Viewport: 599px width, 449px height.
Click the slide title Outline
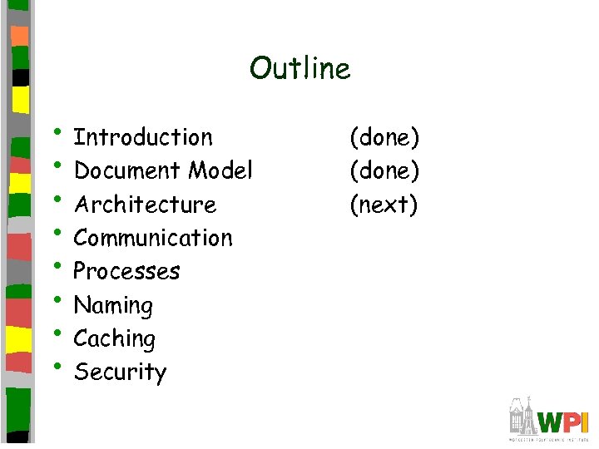click(299, 68)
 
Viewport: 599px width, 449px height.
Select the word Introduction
click(143, 137)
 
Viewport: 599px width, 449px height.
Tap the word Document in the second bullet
click(127, 170)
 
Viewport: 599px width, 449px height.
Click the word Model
click(220, 170)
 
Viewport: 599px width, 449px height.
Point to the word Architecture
click(145, 205)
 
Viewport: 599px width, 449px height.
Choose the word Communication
click(153, 238)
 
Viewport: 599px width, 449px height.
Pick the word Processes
click(126, 272)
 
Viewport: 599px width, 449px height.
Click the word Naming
click(113, 306)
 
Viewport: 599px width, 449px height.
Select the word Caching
click(114, 339)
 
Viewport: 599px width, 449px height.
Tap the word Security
click(120, 373)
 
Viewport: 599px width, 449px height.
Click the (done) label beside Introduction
click(384, 137)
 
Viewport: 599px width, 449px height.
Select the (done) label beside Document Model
click(384, 170)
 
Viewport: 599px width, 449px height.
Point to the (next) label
click(384, 205)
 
